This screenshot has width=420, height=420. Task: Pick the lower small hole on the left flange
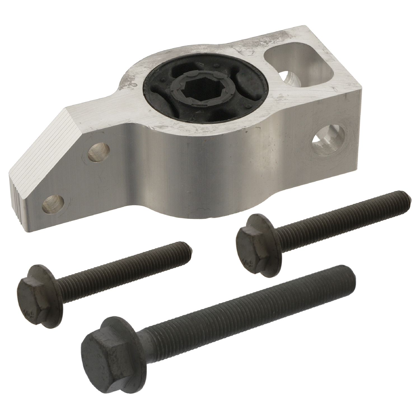coord(52,204)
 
